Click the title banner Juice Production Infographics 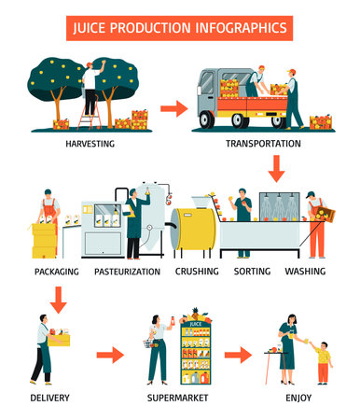[180, 27]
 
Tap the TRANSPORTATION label [263, 145]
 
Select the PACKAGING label [55, 272]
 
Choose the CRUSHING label [197, 272]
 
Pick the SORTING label [252, 272]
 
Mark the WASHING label [306, 272]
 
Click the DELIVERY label [49, 398]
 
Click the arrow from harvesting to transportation [174, 109]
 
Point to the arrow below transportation [275, 170]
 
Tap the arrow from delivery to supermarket [110, 356]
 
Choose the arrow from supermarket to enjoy [239, 356]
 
